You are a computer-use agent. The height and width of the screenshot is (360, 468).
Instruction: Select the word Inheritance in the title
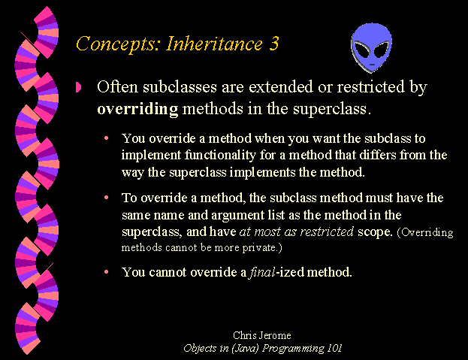[x=214, y=44]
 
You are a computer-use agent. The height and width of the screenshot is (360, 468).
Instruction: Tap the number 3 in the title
[x=273, y=44]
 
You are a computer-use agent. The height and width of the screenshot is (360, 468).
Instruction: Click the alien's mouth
[x=372, y=65]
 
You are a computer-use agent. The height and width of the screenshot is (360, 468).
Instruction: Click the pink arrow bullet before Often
[x=78, y=87]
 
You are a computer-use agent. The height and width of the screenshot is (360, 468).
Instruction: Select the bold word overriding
[x=137, y=109]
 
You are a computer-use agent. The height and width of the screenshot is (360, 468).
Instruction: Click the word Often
[x=118, y=87]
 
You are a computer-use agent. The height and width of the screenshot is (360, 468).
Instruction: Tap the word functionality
[x=220, y=156]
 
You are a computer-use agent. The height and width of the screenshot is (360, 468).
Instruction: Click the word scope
[x=375, y=232]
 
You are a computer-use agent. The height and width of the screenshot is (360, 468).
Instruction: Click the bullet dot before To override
[x=106, y=198]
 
